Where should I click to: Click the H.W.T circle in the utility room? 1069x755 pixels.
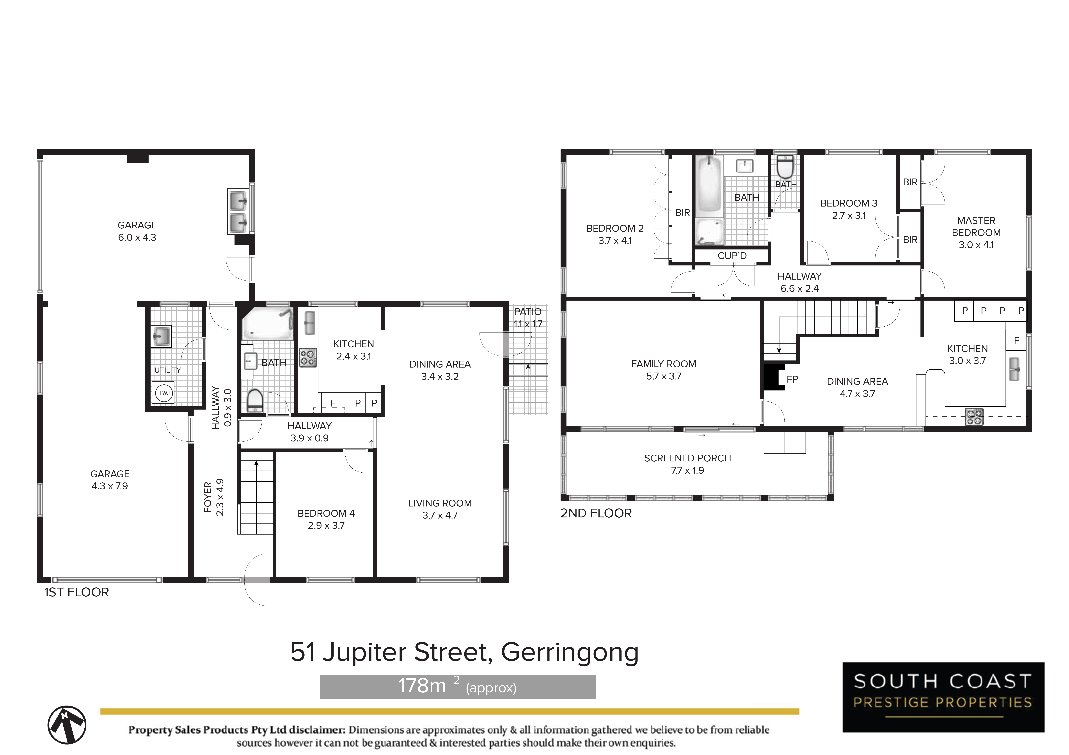[x=164, y=393]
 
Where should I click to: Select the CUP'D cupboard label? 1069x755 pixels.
[x=732, y=256]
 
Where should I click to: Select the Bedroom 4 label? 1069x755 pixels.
[x=326, y=519]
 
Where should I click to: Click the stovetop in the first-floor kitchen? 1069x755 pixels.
[x=307, y=358]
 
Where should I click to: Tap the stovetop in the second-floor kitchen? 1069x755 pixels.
[x=975, y=416]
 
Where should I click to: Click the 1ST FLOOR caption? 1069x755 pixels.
[x=76, y=592]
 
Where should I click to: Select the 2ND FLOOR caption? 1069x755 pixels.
[x=596, y=513]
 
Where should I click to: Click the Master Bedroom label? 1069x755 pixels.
[x=976, y=233]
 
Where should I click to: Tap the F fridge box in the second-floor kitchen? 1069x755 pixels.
[x=1016, y=340]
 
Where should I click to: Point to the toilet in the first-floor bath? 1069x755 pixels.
[x=255, y=401]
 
